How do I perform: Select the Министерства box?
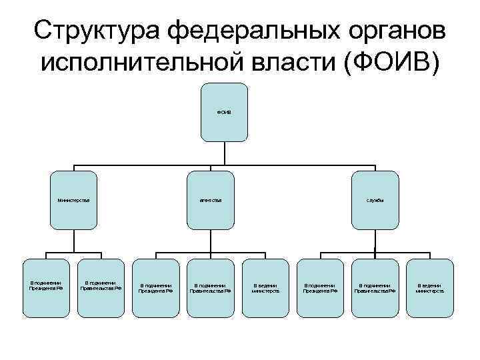tap(73, 199)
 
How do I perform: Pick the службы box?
tap(375, 199)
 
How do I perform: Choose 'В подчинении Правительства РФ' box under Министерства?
tap(101, 287)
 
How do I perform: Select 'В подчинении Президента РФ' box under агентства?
tap(155, 287)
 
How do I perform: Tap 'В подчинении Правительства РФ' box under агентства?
tap(210, 287)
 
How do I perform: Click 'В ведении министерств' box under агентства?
tap(265, 287)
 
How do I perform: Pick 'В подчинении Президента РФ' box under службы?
tap(320, 287)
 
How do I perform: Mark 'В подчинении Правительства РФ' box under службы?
tap(375, 287)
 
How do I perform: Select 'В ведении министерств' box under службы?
tap(429, 287)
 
